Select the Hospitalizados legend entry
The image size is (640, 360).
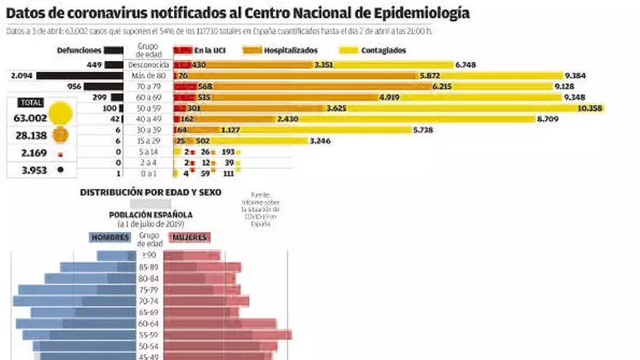tap(290, 50)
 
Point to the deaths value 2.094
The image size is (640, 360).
tap(23, 76)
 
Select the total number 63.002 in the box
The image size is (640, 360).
tap(30, 118)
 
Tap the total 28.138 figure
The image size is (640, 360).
tap(30, 135)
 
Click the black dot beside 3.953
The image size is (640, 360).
tap(60, 170)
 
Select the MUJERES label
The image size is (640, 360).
tap(189, 237)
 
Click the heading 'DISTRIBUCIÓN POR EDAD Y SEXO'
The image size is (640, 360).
tap(151, 193)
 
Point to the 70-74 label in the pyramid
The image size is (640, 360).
tap(148, 300)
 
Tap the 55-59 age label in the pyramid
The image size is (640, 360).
tap(148, 335)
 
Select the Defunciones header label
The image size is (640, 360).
tap(80, 50)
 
